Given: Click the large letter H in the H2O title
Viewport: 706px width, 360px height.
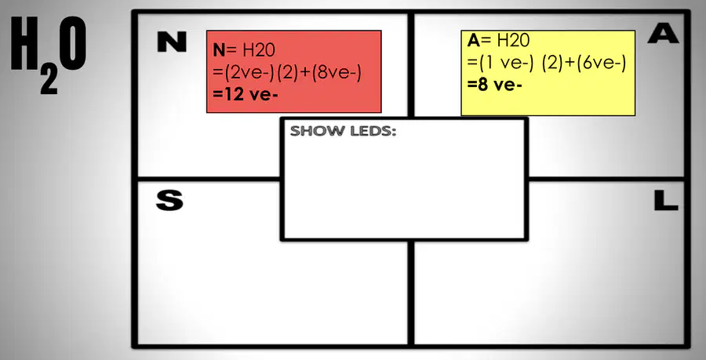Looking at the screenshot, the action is (x=24, y=43).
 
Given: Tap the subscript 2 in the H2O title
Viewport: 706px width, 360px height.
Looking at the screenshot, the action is (x=49, y=81).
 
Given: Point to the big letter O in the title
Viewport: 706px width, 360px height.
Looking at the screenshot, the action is (x=72, y=43).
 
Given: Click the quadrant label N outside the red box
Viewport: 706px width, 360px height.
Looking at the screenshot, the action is (x=172, y=43).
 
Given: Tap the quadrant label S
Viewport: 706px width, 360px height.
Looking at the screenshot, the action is (x=169, y=201).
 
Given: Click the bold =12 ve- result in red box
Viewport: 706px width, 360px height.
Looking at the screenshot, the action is (x=246, y=95).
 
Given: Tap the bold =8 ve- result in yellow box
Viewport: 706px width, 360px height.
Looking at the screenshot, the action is (x=494, y=85).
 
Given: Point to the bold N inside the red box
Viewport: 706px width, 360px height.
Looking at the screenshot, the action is (x=219, y=50).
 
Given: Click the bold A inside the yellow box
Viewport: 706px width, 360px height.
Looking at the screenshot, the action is (x=474, y=41).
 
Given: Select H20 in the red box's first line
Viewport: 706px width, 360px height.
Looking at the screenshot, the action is (x=258, y=50).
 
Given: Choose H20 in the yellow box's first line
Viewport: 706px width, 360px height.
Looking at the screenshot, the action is (x=513, y=41).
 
